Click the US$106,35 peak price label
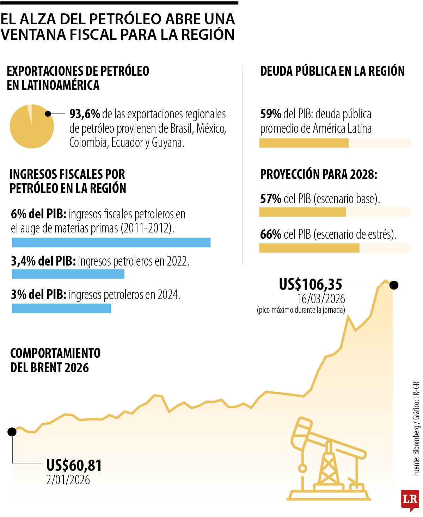point(310,284)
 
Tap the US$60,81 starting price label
point(74,465)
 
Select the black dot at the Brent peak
point(394,285)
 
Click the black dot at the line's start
point(12,432)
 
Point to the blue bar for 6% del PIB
point(111,242)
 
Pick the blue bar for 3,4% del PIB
point(68,274)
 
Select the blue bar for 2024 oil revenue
point(61,308)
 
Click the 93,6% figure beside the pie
point(85,114)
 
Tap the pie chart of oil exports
point(32,126)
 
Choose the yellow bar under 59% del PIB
point(304,143)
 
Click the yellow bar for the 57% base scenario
point(302,212)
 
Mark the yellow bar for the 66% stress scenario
point(309,248)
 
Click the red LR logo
point(410,500)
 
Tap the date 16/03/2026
point(321,299)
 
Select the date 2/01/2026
point(68,480)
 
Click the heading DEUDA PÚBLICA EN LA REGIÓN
point(332,71)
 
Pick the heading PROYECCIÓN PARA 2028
point(318,174)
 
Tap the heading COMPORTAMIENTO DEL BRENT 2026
point(55,360)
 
